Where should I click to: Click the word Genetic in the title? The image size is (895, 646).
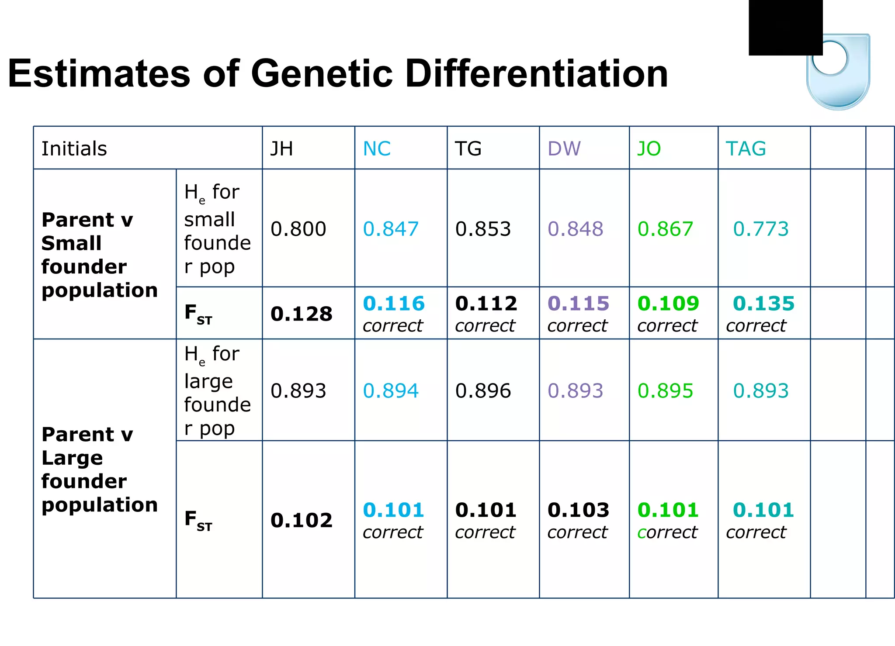pos(323,73)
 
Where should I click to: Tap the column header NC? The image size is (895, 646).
pos(377,149)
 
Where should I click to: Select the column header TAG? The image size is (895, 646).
pos(746,149)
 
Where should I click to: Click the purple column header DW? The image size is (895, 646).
pos(564,149)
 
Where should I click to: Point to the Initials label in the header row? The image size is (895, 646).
pos(74,149)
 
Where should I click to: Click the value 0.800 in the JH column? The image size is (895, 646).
pos(298,229)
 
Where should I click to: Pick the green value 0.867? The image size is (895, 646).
pos(665,229)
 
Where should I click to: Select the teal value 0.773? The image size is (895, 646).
pos(760,229)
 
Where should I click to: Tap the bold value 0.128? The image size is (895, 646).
pos(301,314)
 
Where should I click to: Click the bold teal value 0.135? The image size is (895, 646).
pos(763,303)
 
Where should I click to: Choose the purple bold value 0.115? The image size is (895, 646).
pos(578,303)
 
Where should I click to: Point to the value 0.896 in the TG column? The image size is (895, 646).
pos(483,390)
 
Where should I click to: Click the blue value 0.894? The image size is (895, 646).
pos(391,390)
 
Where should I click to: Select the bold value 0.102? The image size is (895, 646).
pos(301,520)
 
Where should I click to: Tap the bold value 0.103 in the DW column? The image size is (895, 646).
pos(578,510)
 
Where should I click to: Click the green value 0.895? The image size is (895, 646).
pos(665,390)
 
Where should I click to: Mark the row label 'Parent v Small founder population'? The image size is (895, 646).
pos(99,255)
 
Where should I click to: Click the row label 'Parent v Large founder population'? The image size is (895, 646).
pos(99,469)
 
